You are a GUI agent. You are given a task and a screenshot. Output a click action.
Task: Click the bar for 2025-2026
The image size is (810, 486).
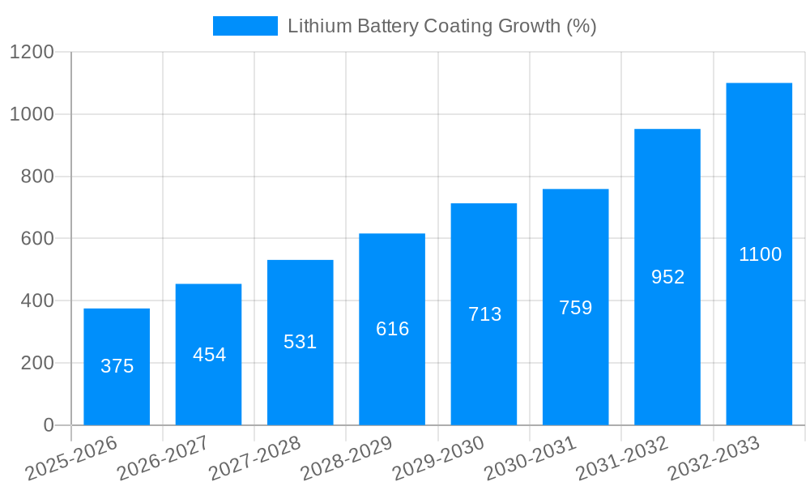(117, 367)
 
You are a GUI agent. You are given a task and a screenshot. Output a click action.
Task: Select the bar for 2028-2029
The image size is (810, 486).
(392, 329)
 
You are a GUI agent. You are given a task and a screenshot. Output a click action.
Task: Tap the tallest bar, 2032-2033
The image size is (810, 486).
(759, 254)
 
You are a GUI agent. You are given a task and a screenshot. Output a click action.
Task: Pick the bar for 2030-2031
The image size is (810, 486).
(575, 307)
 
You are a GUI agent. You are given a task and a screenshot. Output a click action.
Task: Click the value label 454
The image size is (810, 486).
(209, 355)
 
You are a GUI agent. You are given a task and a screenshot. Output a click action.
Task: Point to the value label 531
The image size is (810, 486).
(300, 342)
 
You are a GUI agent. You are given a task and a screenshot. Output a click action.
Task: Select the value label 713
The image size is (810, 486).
(484, 314)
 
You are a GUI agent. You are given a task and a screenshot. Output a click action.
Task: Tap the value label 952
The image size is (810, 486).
(667, 277)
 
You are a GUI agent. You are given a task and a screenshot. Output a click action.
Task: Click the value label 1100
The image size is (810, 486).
(760, 254)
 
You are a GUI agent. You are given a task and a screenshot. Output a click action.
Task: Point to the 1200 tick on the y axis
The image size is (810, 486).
(32, 53)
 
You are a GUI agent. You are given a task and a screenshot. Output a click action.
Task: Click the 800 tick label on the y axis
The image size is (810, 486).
(37, 177)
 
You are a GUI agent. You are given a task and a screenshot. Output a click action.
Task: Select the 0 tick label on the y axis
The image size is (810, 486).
(48, 425)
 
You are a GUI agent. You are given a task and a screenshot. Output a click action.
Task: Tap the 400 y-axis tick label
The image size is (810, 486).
(37, 301)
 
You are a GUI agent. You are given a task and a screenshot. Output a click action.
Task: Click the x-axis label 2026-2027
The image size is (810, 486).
(163, 458)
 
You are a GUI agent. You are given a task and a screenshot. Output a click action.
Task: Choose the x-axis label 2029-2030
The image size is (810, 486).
(438, 458)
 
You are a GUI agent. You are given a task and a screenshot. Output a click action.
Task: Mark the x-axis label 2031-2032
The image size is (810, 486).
(622, 458)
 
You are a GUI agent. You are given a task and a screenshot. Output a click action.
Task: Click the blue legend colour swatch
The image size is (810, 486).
(245, 26)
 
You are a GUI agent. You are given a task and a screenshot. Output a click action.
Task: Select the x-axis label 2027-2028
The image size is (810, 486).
(254, 458)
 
